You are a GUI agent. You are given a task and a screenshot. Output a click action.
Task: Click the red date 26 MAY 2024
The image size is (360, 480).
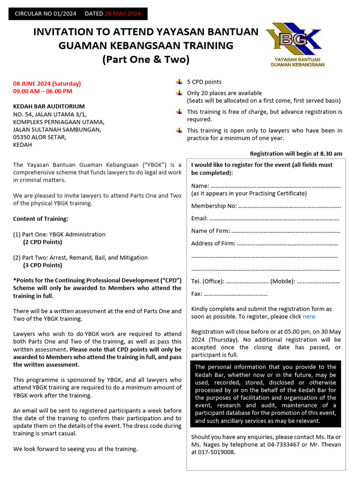click(x=123, y=14)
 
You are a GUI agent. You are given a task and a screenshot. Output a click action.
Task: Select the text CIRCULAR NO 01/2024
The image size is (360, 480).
click(x=45, y=14)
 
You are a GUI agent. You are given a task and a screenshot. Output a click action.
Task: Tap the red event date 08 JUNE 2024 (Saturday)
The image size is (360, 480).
click(x=47, y=83)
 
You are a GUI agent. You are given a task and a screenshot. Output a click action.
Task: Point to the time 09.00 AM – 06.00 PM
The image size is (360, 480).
click(x=43, y=91)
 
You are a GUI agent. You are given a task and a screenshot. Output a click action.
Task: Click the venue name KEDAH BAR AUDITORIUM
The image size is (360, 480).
click(x=49, y=106)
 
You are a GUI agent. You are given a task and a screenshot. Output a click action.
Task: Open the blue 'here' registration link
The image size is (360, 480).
click(x=309, y=316)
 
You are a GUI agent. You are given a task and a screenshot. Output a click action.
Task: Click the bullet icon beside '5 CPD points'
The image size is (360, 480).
click(x=179, y=82)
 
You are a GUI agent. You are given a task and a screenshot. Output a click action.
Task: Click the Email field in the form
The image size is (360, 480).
click(x=274, y=218)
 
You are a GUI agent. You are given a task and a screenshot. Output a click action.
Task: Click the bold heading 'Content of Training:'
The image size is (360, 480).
click(x=40, y=219)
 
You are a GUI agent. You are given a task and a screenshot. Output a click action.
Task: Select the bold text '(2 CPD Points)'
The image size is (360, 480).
click(x=43, y=242)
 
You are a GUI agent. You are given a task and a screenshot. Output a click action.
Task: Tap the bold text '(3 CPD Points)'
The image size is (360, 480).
click(x=43, y=265)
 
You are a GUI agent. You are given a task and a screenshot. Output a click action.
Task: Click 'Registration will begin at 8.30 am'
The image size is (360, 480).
click(x=296, y=154)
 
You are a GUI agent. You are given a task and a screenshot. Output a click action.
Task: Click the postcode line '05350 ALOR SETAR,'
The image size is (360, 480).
click(x=40, y=137)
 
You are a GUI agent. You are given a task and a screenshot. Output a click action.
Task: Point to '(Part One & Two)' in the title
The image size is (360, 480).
click(x=146, y=60)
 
